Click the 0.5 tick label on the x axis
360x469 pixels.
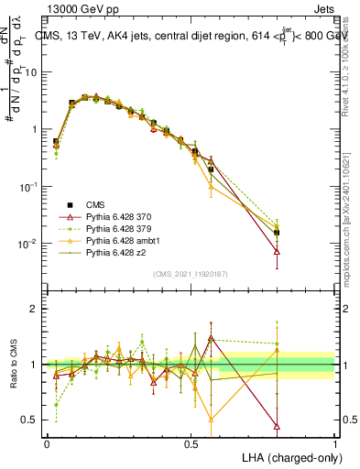(x=191, y=442)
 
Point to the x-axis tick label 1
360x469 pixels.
(x=335, y=442)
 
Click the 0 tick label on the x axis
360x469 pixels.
(x=47, y=442)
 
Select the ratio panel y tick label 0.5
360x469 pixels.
(x=30, y=420)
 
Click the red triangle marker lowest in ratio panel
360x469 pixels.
(x=277, y=426)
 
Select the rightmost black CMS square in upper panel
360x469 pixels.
(x=277, y=233)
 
